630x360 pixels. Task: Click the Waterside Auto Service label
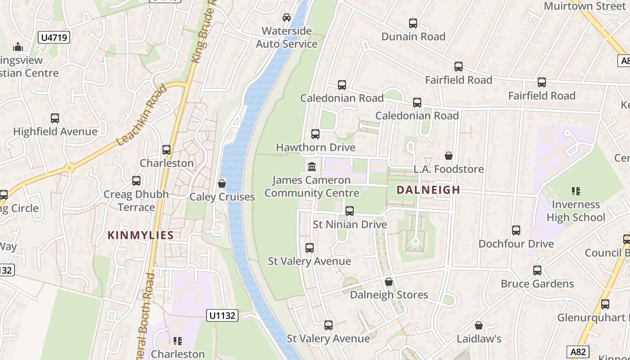pyautogui.click(x=287, y=37)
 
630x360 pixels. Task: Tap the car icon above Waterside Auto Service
pyautogui.click(x=287, y=18)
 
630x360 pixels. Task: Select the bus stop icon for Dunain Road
pyautogui.click(x=413, y=23)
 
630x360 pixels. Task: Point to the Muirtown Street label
pyautogui.click(x=585, y=6)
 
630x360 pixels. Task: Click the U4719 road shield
pyautogui.click(x=55, y=37)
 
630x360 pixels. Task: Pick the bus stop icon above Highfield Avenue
pyautogui.click(x=55, y=118)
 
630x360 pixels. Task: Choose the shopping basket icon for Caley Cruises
pyautogui.click(x=222, y=184)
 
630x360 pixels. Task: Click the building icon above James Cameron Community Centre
pyautogui.click(x=311, y=167)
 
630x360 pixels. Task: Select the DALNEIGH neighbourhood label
pyautogui.click(x=428, y=190)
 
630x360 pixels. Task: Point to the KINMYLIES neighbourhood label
pyautogui.click(x=140, y=235)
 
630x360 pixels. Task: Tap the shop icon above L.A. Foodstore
pyautogui.click(x=449, y=156)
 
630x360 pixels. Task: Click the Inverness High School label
pyautogui.click(x=576, y=211)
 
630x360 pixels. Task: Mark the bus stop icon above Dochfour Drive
pyautogui.click(x=516, y=230)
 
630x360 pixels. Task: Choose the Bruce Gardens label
pyautogui.click(x=537, y=284)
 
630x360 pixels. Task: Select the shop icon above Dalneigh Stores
pyautogui.click(x=389, y=282)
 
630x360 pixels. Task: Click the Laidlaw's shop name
pyautogui.click(x=479, y=338)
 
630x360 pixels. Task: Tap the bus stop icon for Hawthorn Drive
pyautogui.click(x=315, y=134)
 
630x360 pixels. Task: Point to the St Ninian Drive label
pyautogui.click(x=350, y=224)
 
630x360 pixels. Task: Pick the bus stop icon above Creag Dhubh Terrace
pyautogui.click(x=136, y=181)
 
